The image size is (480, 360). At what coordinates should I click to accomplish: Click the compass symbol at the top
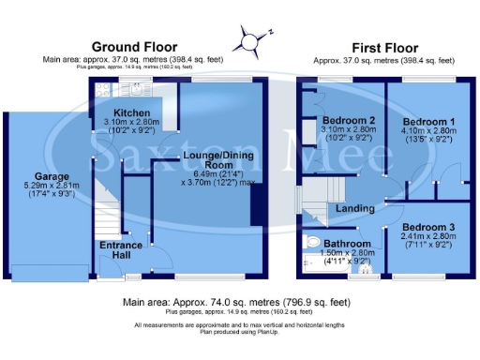tap(250, 39)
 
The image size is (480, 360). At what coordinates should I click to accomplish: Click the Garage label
tap(52, 175)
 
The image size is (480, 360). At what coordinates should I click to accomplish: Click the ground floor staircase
tap(111, 202)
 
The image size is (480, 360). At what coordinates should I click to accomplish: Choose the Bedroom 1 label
tap(427, 122)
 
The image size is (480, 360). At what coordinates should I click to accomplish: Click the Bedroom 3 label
tap(427, 228)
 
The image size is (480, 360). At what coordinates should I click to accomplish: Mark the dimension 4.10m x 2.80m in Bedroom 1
tap(427, 132)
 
